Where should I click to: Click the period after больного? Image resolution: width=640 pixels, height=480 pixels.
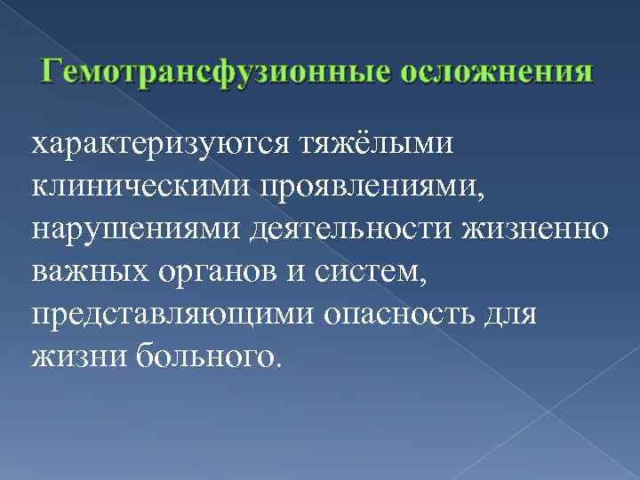coord(281,364)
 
